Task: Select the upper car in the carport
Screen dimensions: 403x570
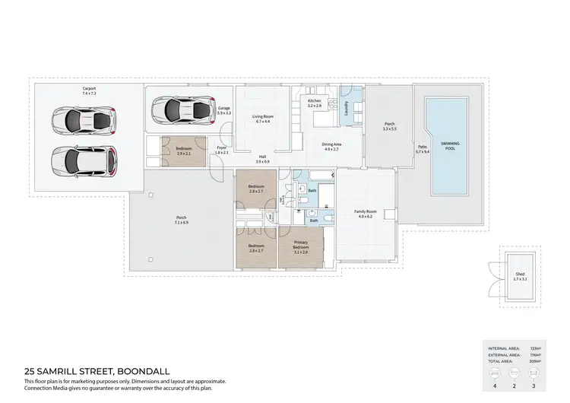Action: [x=84, y=120]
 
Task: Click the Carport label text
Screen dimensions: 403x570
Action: [x=90, y=89]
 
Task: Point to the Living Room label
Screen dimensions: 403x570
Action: [x=263, y=116]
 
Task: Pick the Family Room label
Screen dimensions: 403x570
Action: [x=366, y=212]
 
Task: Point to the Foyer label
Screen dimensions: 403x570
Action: [x=221, y=148]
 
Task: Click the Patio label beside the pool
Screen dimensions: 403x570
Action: [x=421, y=148]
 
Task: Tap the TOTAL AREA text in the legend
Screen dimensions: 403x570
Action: [x=504, y=360]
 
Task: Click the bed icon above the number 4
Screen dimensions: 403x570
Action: [x=495, y=373]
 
